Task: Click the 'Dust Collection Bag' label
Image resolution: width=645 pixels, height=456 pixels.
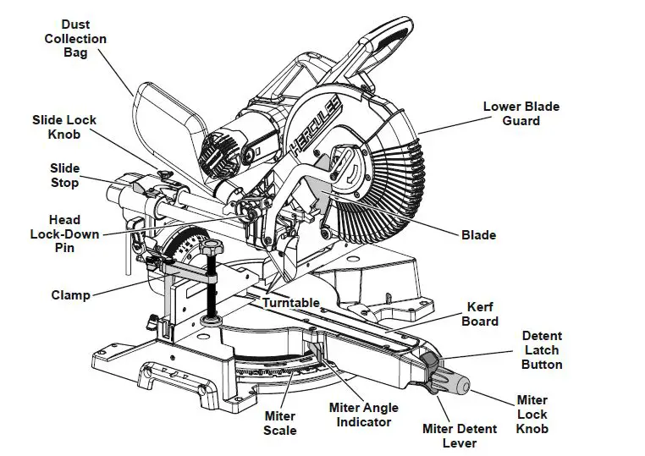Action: [74, 38]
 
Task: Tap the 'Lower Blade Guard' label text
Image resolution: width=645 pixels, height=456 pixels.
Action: [521, 113]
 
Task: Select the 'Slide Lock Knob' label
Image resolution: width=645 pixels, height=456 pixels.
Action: [64, 128]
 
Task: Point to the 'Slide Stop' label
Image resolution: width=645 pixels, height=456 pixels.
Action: [64, 175]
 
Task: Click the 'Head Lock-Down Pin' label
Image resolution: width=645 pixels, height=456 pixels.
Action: [64, 233]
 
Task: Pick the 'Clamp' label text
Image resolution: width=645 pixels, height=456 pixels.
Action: [70, 295]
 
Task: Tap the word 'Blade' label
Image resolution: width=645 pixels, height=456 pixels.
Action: [478, 235]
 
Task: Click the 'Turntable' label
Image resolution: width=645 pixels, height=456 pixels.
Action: [290, 302]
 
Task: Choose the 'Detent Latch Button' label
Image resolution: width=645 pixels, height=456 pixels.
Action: [542, 350]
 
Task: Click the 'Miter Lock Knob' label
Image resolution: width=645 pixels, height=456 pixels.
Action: [532, 414]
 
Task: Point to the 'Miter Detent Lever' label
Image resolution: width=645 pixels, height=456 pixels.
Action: [461, 436]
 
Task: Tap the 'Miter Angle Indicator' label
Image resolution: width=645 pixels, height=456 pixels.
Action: [360, 415]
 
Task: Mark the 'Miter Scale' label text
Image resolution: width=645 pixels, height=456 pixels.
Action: [280, 423]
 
